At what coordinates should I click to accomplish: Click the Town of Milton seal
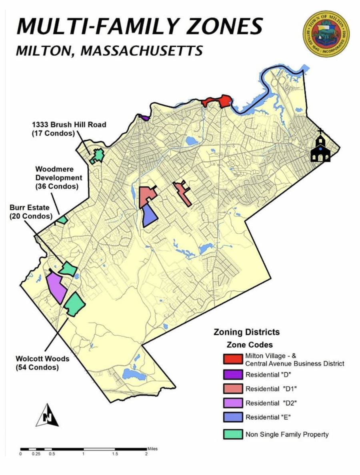coord(326,34)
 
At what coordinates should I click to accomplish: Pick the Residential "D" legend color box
coord(233,375)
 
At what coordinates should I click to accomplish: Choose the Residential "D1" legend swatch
coord(233,389)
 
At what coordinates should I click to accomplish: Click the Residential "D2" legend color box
coord(233,403)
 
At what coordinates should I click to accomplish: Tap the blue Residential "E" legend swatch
coord(233,417)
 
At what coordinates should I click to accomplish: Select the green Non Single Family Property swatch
coord(233,434)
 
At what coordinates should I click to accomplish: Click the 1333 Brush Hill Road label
coord(69,129)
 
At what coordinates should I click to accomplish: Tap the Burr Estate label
coord(31,212)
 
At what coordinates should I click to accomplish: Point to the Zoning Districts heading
coord(246,332)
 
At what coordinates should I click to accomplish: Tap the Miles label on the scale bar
coord(152,449)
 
